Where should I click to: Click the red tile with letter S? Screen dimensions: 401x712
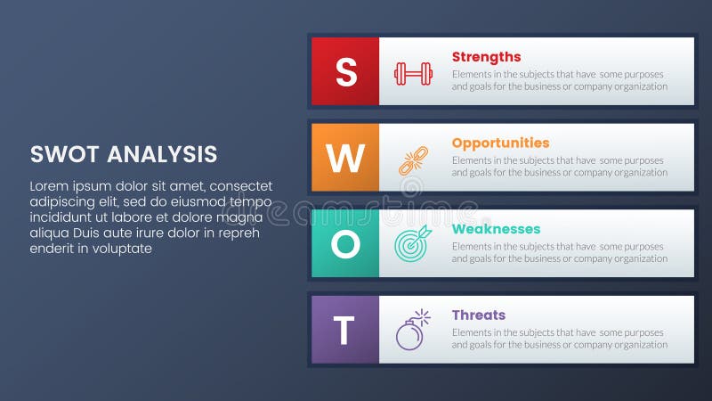(345, 71)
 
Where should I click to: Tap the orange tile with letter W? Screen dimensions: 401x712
(345, 158)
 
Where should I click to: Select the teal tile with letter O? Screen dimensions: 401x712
(345, 244)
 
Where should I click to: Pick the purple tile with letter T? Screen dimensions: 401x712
(345, 331)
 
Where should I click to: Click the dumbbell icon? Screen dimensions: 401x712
(413, 73)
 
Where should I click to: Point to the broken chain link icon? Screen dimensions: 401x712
(413, 160)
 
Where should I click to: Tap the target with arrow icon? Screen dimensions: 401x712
(413, 244)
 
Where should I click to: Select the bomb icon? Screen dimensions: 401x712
(412, 330)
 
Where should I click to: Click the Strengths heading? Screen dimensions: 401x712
(486, 57)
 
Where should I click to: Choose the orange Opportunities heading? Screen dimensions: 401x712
(500, 143)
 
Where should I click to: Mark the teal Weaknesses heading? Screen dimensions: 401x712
(496, 229)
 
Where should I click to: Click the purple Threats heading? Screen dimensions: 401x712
(478, 315)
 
